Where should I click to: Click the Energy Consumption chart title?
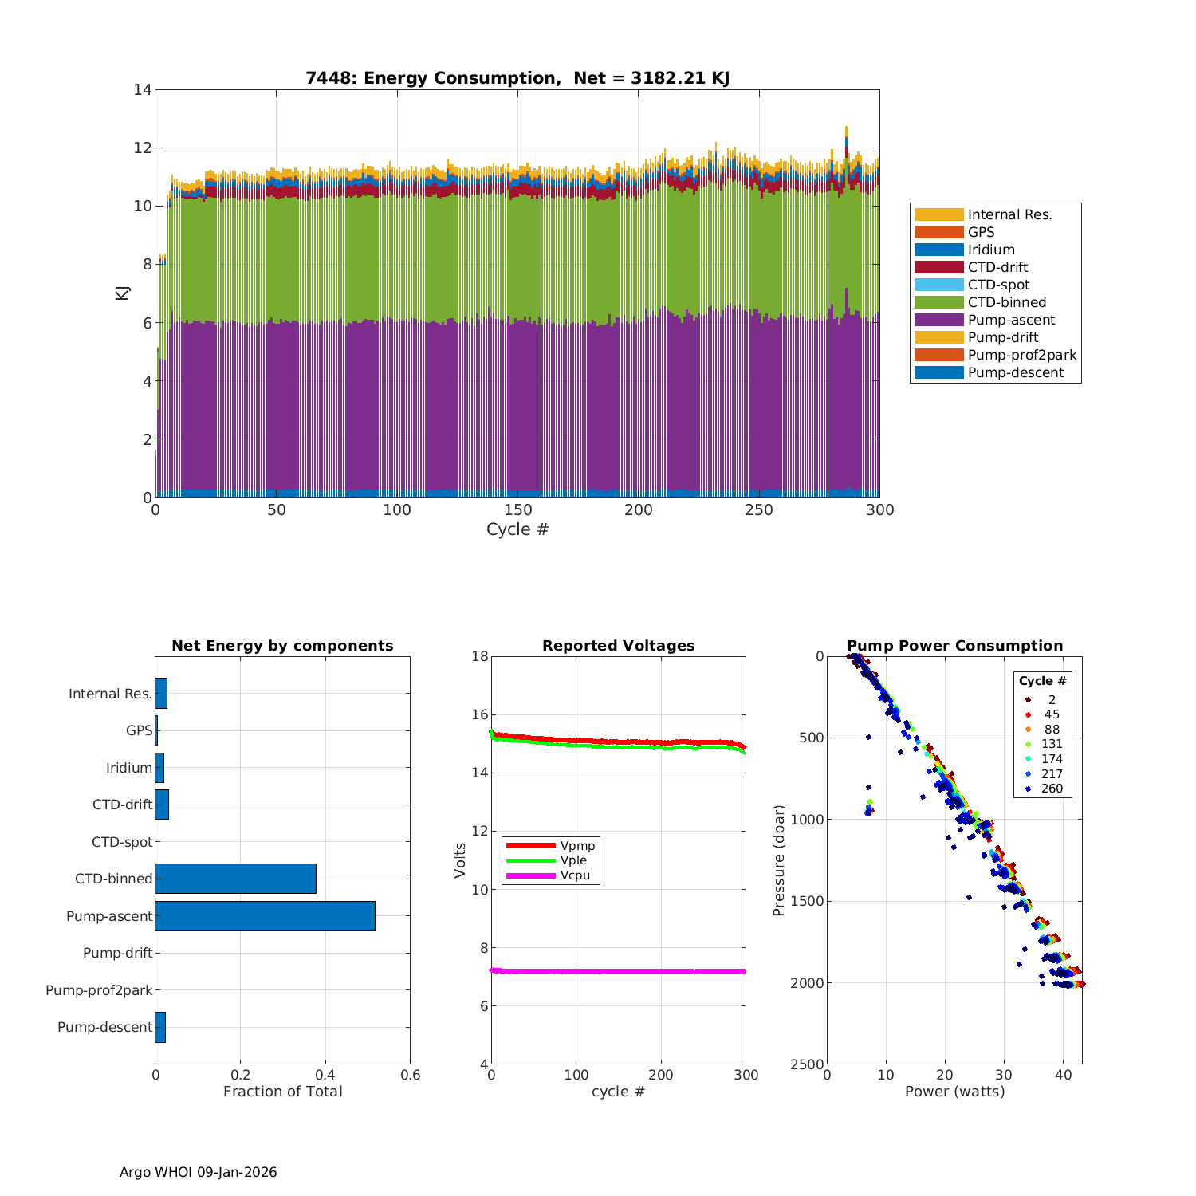coord(517,78)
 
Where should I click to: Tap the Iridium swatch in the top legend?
coord(938,250)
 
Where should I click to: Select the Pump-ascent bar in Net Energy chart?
coord(265,916)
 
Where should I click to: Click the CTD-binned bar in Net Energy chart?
coord(235,879)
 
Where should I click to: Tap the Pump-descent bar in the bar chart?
coord(160,1027)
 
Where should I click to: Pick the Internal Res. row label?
coord(110,694)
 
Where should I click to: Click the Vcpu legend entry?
coord(574,875)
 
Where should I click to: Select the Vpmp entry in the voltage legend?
coord(577,845)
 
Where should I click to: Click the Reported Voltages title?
coord(618,646)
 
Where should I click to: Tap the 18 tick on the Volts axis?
coord(479,656)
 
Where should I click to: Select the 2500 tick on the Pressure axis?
coord(807,1064)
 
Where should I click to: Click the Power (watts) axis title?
coord(954,1091)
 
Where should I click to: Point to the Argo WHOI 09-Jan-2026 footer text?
coord(198,1172)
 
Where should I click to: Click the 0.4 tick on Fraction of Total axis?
coord(325,1075)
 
